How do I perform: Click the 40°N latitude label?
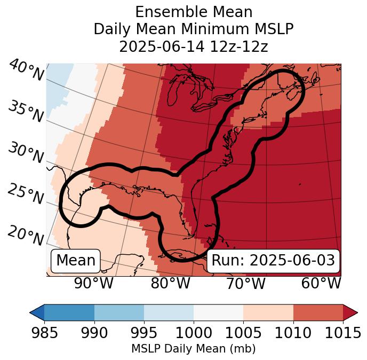[x=26, y=71]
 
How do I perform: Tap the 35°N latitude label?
[x=26, y=112]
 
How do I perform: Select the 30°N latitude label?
[x=26, y=153]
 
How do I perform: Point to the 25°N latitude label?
[x=26, y=194]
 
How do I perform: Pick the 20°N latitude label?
[x=26, y=235]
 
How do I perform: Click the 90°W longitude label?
[x=94, y=284]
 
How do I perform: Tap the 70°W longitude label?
[x=245, y=284]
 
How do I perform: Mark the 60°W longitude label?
[x=321, y=284]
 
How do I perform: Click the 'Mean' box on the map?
[x=76, y=261]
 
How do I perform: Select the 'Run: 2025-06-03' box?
[x=273, y=261]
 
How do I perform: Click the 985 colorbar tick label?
[x=44, y=333]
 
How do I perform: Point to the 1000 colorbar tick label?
[x=194, y=333]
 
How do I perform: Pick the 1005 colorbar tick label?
[x=243, y=333]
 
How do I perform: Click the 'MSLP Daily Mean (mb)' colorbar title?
[x=194, y=349]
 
